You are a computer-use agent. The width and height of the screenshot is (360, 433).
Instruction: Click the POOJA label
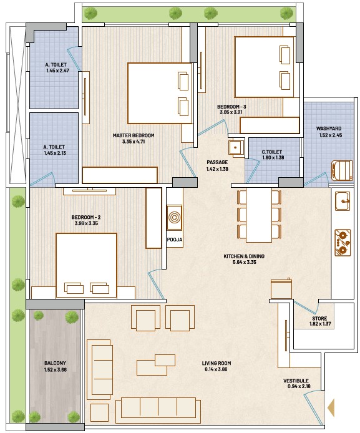(175, 240)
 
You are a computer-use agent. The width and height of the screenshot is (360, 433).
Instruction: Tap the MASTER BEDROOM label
(134, 135)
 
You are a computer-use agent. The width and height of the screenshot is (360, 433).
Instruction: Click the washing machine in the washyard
(342, 170)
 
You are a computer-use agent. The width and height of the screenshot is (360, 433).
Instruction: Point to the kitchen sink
(343, 201)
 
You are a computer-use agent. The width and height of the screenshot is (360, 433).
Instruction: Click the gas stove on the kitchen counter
(343, 243)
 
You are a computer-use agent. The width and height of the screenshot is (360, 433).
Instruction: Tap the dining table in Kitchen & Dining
(259, 215)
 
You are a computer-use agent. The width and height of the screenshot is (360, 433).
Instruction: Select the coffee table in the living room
(156, 365)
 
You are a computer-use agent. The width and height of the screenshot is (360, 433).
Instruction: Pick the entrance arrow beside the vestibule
(331, 407)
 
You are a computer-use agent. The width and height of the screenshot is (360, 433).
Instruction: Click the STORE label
(319, 318)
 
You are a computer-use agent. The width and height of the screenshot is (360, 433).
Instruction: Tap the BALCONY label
(55, 363)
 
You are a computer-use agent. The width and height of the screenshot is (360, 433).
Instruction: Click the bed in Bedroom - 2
(86, 265)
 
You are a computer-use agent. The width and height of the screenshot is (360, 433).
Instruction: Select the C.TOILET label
(271, 152)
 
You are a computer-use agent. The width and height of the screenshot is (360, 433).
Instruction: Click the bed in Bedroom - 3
(264, 67)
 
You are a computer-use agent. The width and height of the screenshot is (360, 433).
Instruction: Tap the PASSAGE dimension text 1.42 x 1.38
(217, 169)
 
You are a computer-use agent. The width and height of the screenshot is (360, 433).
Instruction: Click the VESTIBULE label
(296, 381)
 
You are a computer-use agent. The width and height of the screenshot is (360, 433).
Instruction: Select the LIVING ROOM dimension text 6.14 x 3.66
(216, 369)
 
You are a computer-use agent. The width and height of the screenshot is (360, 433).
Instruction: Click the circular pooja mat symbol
(174, 217)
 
